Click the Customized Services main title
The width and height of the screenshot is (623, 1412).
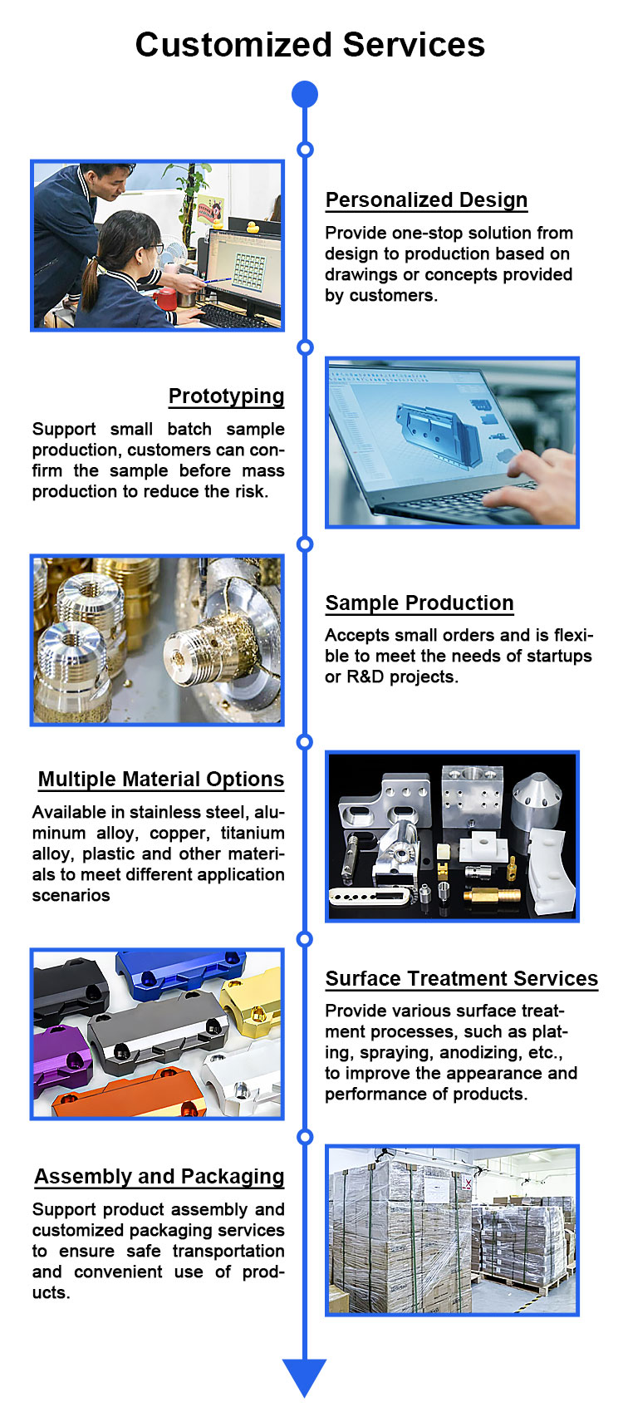click(x=310, y=45)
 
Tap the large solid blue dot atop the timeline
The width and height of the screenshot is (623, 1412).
click(x=305, y=95)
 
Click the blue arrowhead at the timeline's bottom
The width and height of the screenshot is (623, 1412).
click(x=305, y=1377)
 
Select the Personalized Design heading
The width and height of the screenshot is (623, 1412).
click(x=426, y=199)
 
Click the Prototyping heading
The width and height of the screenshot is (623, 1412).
click(x=226, y=396)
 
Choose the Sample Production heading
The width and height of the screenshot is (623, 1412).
click(x=419, y=603)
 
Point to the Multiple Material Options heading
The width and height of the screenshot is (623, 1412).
click(x=161, y=779)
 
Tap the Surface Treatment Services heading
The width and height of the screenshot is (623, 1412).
click(x=462, y=978)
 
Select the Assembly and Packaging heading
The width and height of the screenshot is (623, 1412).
click(x=159, y=1177)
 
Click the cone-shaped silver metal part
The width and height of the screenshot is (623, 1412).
click(x=536, y=799)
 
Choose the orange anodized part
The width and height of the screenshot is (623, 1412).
click(x=129, y=1095)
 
